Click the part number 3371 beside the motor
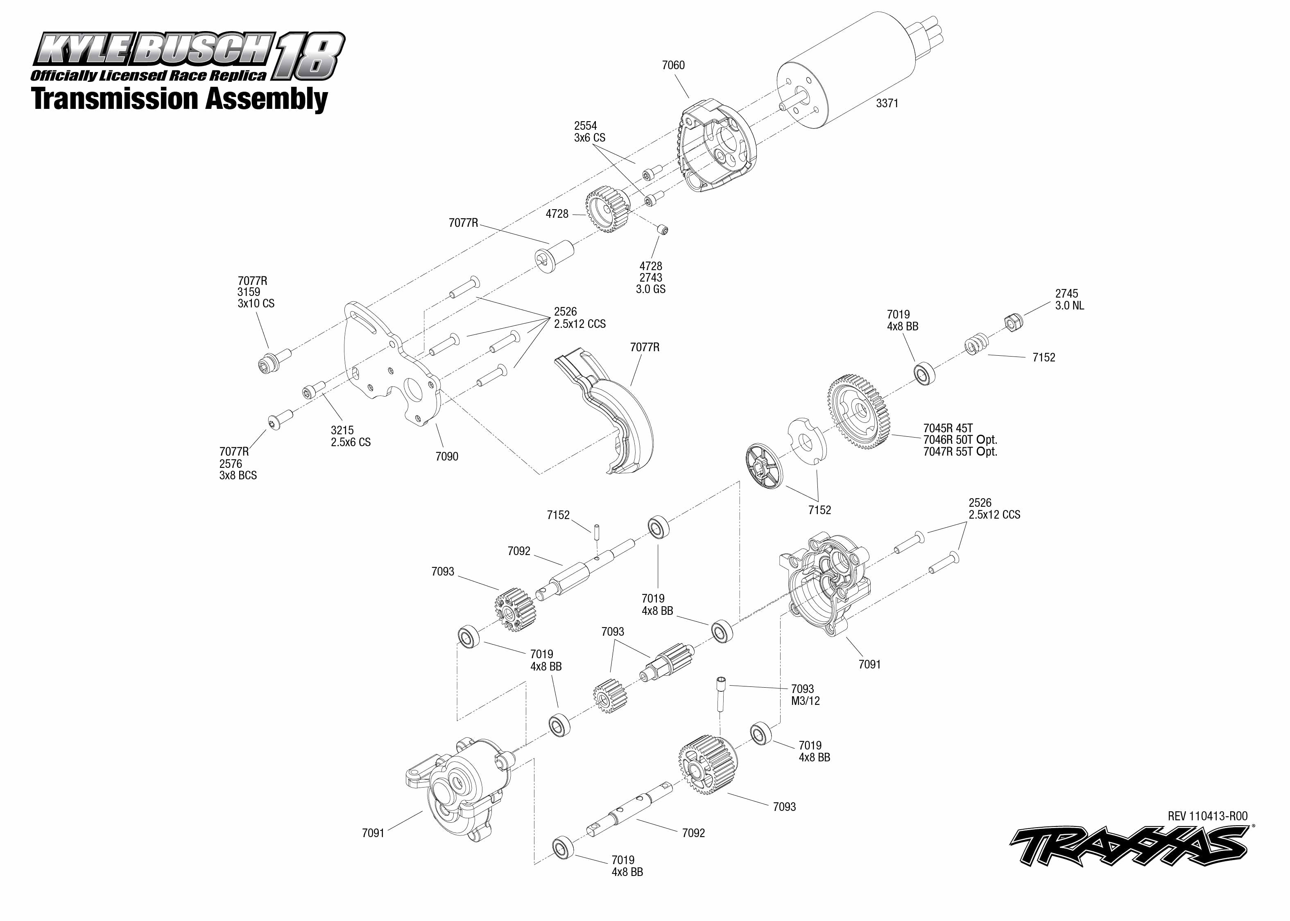click(x=887, y=103)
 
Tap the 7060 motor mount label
click(x=673, y=65)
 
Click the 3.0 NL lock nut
click(x=1013, y=322)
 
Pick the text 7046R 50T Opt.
click(x=960, y=440)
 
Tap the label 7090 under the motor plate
click(x=446, y=456)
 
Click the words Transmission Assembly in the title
click(x=180, y=99)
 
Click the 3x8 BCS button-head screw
click(x=280, y=420)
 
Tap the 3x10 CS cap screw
click(x=274, y=359)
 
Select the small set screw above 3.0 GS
click(x=663, y=229)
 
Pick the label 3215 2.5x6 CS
click(x=351, y=436)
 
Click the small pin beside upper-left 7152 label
click(x=597, y=533)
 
